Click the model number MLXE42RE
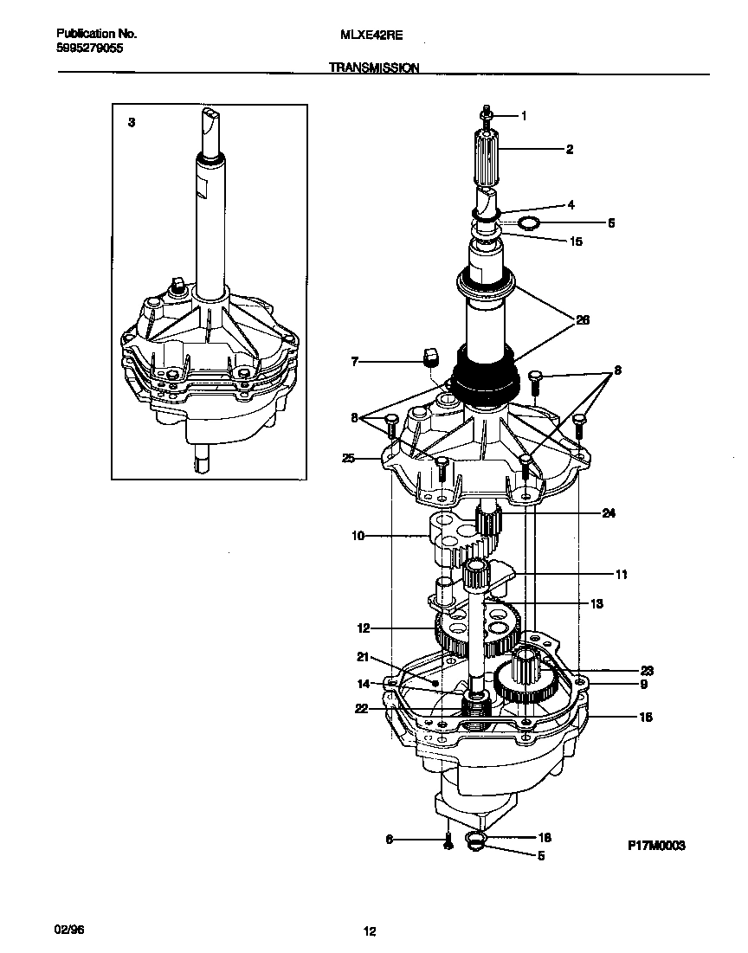[x=361, y=35]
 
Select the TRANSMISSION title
[x=374, y=67]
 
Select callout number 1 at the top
[x=523, y=115]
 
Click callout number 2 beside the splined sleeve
[x=569, y=150]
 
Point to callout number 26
[x=582, y=319]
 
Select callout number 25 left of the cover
[x=348, y=458]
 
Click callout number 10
[x=358, y=536]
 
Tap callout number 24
[x=609, y=512]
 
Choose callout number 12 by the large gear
[x=364, y=628]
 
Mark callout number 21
[x=363, y=655]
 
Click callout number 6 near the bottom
[x=390, y=839]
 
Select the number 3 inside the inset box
[x=131, y=124]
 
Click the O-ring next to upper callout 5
[x=527, y=224]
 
